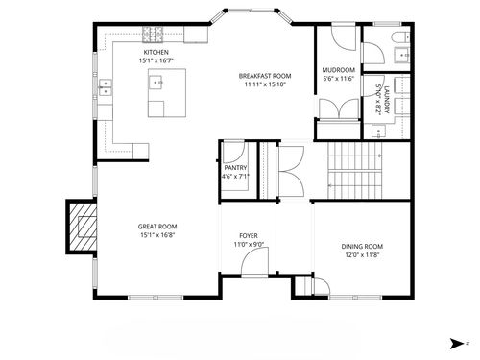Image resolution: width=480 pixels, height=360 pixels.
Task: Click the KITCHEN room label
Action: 157,52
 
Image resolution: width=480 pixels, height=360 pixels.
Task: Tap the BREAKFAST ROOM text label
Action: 266,75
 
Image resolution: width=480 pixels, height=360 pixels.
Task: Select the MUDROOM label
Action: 339,71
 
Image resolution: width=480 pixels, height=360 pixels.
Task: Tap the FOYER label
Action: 249,235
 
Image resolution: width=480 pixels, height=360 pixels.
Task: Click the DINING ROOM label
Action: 362,247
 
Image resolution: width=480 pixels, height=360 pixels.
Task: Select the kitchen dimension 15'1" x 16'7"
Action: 157,60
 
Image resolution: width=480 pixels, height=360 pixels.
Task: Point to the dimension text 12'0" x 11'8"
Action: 362,255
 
